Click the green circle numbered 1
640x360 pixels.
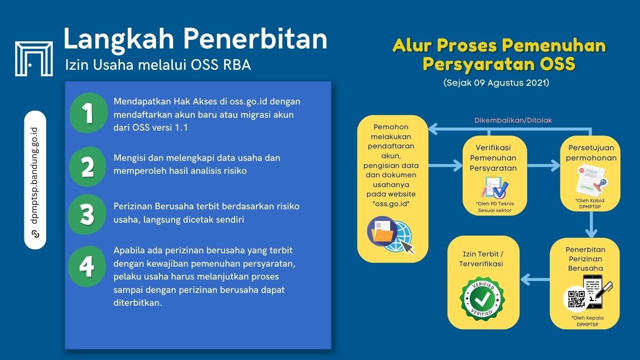tap(89, 113)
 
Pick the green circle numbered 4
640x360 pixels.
tap(87, 266)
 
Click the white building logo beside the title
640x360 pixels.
tap(34, 58)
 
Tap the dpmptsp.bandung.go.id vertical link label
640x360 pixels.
tap(35, 180)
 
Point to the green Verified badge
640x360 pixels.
tap(482, 297)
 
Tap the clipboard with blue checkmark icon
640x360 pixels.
tap(495, 187)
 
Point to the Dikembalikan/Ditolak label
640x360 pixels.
tap(513, 120)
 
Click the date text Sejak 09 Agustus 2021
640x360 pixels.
tap(496, 83)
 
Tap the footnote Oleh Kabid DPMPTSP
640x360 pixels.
tap(590, 203)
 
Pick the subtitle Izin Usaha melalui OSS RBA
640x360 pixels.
tap(158, 65)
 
